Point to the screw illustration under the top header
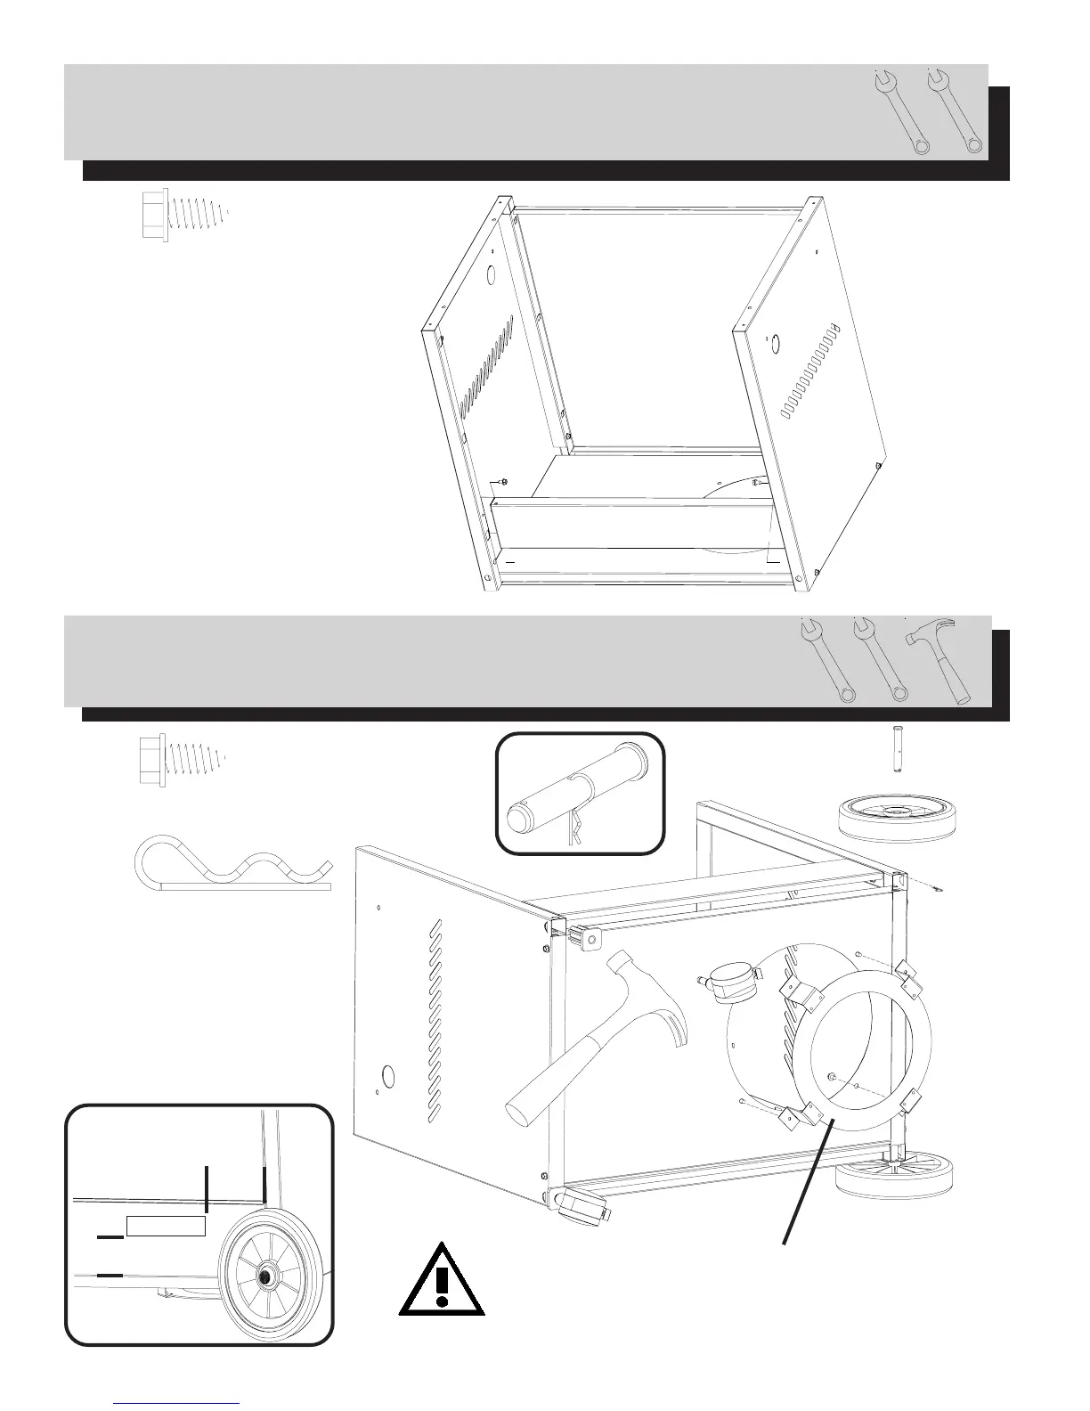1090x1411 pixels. [x=183, y=214]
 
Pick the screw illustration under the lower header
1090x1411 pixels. [x=183, y=759]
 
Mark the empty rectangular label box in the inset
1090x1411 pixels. [x=167, y=1226]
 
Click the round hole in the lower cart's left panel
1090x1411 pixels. [x=387, y=1077]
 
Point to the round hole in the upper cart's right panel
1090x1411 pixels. [x=775, y=342]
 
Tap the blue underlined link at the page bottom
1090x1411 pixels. [x=177, y=1401]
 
